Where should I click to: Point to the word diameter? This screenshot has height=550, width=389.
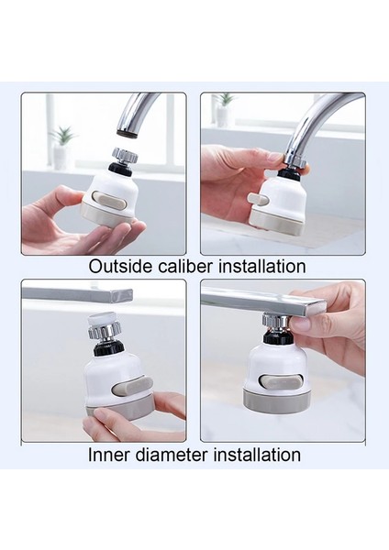172,455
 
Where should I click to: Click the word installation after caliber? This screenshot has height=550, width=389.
261,266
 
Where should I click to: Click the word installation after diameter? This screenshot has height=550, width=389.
257,455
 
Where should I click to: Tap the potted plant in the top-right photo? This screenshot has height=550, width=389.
225,109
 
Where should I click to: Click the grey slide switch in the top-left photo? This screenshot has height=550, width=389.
111,203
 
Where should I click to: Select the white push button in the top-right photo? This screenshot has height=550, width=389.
258,200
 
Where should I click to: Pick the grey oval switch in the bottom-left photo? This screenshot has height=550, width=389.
132,385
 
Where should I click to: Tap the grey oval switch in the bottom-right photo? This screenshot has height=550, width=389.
281,379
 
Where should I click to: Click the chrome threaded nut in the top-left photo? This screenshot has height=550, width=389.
125,155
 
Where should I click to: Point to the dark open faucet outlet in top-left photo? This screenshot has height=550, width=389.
127,132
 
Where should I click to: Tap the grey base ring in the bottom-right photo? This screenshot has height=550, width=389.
277,400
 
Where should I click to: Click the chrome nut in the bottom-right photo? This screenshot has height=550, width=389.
275,322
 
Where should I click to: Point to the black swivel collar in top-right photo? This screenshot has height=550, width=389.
289,173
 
